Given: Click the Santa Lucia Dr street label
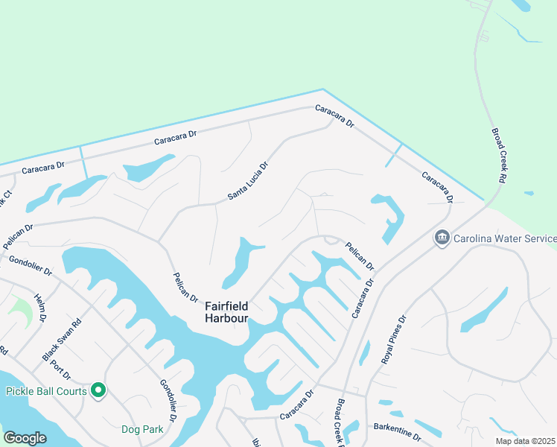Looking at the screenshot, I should (x=247, y=180).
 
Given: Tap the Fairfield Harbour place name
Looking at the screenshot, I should (x=227, y=312).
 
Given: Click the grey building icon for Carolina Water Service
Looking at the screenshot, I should (x=442, y=238).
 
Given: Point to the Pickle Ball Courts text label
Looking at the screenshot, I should (x=44, y=390).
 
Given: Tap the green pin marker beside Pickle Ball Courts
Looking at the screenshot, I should (x=98, y=390).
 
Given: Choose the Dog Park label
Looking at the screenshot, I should (x=142, y=429).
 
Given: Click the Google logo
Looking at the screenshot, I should (x=25, y=438).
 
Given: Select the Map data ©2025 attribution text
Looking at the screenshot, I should (x=525, y=441).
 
